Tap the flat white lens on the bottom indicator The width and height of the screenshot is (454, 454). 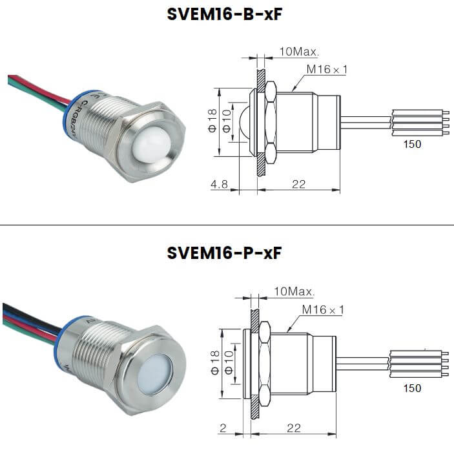click(151, 373)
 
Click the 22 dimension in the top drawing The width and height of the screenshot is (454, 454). click(298, 184)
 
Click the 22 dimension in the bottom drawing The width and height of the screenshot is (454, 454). click(293, 428)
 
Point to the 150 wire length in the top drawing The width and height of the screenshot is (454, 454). click(412, 144)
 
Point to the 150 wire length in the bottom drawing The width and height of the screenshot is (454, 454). click(412, 388)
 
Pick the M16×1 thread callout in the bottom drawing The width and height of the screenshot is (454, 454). click(323, 311)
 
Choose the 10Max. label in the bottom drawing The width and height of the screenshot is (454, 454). click(294, 292)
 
